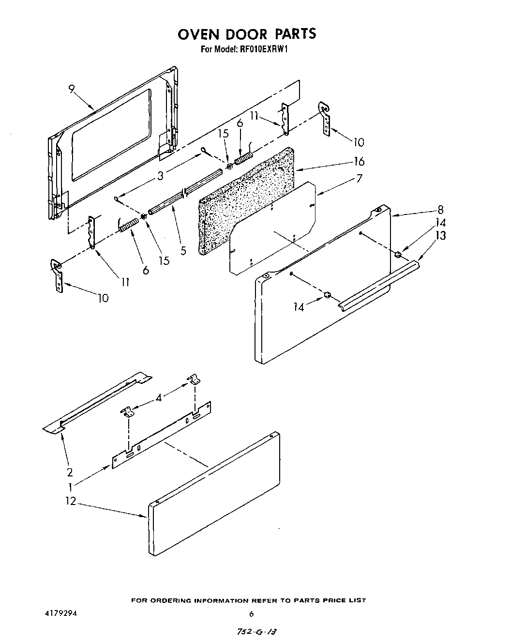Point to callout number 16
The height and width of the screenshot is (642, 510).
coord(359,161)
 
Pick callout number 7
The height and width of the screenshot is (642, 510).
coord(359,178)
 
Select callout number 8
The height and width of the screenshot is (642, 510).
coord(440,210)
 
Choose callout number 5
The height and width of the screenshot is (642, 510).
coord(183,251)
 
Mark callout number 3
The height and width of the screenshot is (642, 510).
coord(160,176)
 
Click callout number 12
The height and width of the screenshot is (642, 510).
coord(71,501)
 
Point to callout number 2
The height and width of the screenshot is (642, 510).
coord(70,472)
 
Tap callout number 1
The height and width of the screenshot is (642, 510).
coord(70,487)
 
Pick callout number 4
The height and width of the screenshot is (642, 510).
coord(159,397)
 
